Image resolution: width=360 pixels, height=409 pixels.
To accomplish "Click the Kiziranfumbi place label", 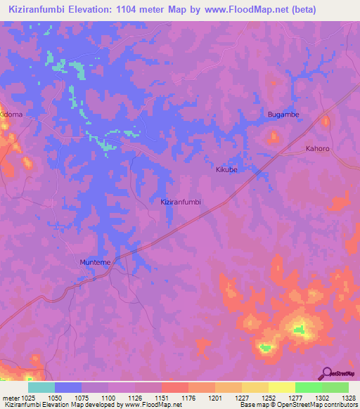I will click(181, 202).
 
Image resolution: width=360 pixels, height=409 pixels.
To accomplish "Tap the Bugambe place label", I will click(283, 114).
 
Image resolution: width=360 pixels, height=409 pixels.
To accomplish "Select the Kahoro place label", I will click(317, 149).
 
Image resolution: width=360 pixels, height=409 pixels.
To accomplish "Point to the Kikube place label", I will click(228, 170).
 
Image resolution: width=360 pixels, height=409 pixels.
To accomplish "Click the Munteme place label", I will click(95, 262).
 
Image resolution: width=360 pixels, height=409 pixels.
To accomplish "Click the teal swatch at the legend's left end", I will click(41, 387).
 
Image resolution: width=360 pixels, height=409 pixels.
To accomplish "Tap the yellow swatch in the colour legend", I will click(281, 387).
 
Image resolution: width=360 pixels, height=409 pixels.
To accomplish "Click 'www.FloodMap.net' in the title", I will click(243, 10).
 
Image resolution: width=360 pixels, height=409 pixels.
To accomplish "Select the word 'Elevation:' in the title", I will click(91, 10).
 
